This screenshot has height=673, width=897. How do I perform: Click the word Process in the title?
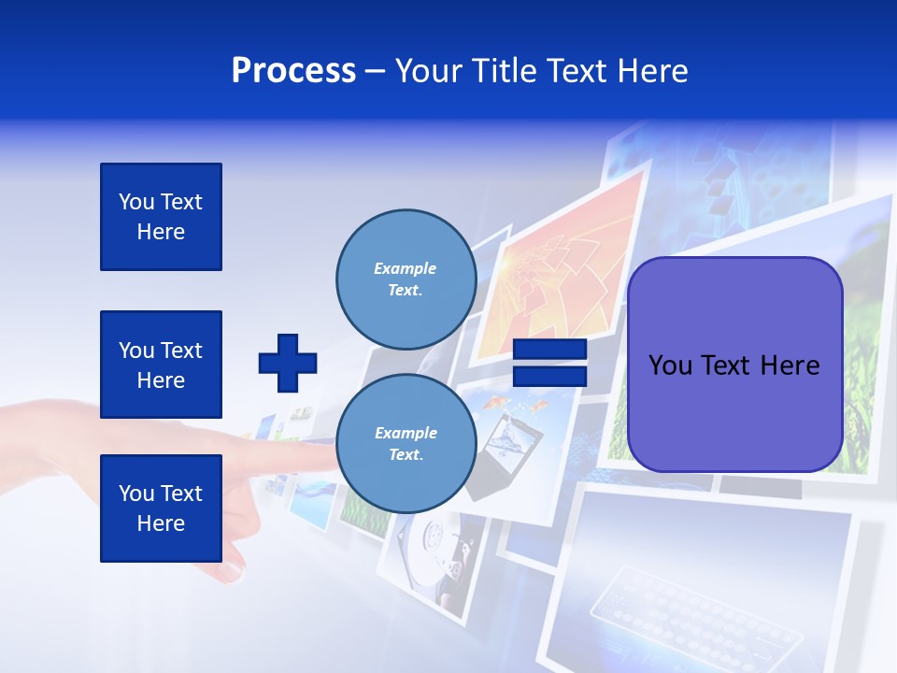pyautogui.click(x=293, y=71)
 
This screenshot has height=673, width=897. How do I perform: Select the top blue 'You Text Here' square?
pyautogui.click(x=161, y=217)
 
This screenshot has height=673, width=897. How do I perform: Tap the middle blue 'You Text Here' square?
pyautogui.click(x=161, y=365)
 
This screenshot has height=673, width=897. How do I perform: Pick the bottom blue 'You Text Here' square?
pyautogui.click(x=161, y=508)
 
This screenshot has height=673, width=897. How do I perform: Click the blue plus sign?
pyautogui.click(x=288, y=363)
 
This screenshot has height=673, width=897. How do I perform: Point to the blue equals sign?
pyautogui.click(x=549, y=363)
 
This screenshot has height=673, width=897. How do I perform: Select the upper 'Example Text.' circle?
pyautogui.click(x=406, y=279)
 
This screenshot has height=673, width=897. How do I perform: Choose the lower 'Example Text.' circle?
pyautogui.click(x=406, y=443)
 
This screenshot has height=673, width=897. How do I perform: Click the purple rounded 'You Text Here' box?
pyautogui.click(x=734, y=365)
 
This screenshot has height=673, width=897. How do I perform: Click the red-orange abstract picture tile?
pyautogui.click(x=561, y=271)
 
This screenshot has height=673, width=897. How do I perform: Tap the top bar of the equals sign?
pyautogui.click(x=549, y=350)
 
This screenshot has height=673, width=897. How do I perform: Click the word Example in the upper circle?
pyautogui.click(x=405, y=268)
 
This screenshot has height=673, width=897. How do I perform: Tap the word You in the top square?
pyautogui.click(x=136, y=202)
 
